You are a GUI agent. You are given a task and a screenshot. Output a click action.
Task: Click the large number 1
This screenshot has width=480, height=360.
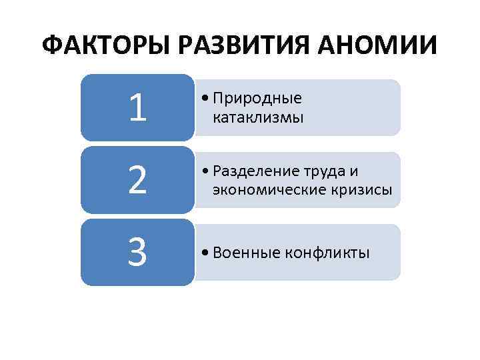137,109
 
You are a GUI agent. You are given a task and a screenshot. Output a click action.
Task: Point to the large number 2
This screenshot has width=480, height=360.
137,181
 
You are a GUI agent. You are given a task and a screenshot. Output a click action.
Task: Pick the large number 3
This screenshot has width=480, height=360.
137,253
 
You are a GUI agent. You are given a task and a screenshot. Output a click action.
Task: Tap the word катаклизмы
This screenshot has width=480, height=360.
258,118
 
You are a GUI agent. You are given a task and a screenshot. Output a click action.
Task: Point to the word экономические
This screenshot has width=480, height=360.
266,191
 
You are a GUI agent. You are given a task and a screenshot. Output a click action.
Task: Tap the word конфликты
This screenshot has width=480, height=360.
327,253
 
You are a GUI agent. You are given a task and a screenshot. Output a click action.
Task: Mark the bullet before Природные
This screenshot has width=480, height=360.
203,99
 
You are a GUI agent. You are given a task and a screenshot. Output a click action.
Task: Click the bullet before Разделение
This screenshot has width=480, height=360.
203,172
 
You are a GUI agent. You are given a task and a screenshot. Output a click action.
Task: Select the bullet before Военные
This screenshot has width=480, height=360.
203,254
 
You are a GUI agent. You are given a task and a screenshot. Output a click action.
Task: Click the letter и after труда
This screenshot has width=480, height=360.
353,172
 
